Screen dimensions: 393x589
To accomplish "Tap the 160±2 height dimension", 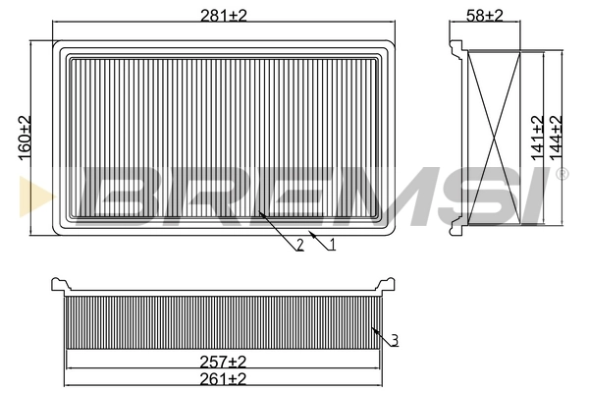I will click(x=25, y=137).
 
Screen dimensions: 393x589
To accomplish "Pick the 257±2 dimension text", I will click(x=224, y=362).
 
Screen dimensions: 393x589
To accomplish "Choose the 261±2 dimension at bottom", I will click(x=224, y=378).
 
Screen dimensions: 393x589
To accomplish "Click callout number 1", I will click(x=332, y=245).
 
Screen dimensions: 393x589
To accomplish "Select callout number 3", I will click(x=394, y=341).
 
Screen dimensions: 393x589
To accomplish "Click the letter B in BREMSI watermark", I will click(x=117, y=193).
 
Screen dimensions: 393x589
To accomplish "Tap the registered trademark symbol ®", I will click(x=562, y=174).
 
